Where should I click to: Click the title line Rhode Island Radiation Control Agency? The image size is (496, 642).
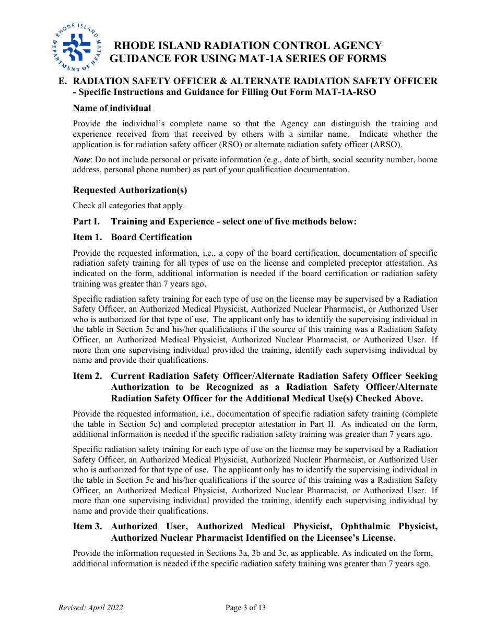coord(248,46)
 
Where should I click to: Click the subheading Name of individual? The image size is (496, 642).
coord(112,109)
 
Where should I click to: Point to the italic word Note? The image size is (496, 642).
coord(82,160)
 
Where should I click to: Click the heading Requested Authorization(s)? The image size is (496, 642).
coord(130,190)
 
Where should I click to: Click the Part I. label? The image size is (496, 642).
coord(86,222)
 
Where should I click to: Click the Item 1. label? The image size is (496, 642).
coord(87,237)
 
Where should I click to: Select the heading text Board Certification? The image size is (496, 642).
coord(151,237)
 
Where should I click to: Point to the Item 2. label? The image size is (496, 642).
coord(87,376)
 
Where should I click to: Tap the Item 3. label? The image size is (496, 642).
coord(87,527)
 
